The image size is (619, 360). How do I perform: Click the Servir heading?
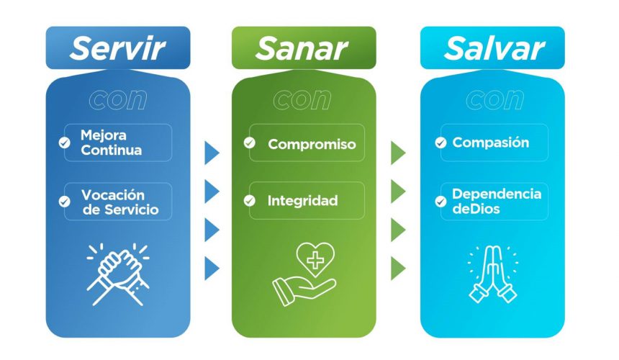tap(117, 48)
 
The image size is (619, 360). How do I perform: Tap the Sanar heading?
tap(302, 48)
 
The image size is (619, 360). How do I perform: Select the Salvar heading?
tap(494, 48)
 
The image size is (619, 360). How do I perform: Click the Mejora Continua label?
tap(111, 143)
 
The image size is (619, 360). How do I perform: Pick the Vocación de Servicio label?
tap(120, 202)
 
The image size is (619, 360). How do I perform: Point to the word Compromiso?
tap(312, 144)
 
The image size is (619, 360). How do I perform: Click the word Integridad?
tap(303, 201)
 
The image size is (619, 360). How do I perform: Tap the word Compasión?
tap(491, 142)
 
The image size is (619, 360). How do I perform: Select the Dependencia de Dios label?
tap(497, 201)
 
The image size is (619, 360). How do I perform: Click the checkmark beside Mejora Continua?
tap(64, 143)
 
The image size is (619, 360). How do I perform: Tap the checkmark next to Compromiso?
tap(250, 143)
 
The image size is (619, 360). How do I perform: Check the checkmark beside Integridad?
tap(250, 201)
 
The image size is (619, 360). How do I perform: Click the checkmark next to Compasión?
tap(440, 143)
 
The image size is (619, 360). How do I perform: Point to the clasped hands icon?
tap(118, 274)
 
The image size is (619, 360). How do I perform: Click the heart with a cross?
tap(315, 259)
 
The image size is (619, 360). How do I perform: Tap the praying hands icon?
tap(492, 274)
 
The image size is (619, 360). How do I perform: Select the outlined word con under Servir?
tap(117, 99)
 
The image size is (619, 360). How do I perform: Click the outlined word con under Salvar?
tap(494, 99)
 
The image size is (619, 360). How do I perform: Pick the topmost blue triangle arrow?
tap(211, 153)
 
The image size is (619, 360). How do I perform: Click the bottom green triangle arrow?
tap(397, 269)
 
